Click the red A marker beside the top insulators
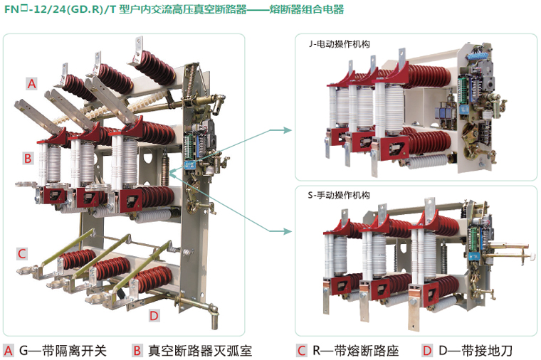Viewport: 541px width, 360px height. tap(31, 84)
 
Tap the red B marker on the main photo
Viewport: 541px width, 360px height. tap(28, 158)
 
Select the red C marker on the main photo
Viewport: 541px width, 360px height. tap(22, 253)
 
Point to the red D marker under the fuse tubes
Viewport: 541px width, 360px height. tap(154, 316)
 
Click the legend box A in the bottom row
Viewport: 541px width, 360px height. tap(9, 350)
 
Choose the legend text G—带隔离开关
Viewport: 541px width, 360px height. tap(63, 350)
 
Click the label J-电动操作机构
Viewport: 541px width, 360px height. tap(340, 43)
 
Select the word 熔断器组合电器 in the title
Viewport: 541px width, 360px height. tap(307, 9)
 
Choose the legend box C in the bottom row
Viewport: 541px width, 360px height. tap(301, 350)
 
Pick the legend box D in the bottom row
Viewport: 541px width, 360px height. tap(427, 350)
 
